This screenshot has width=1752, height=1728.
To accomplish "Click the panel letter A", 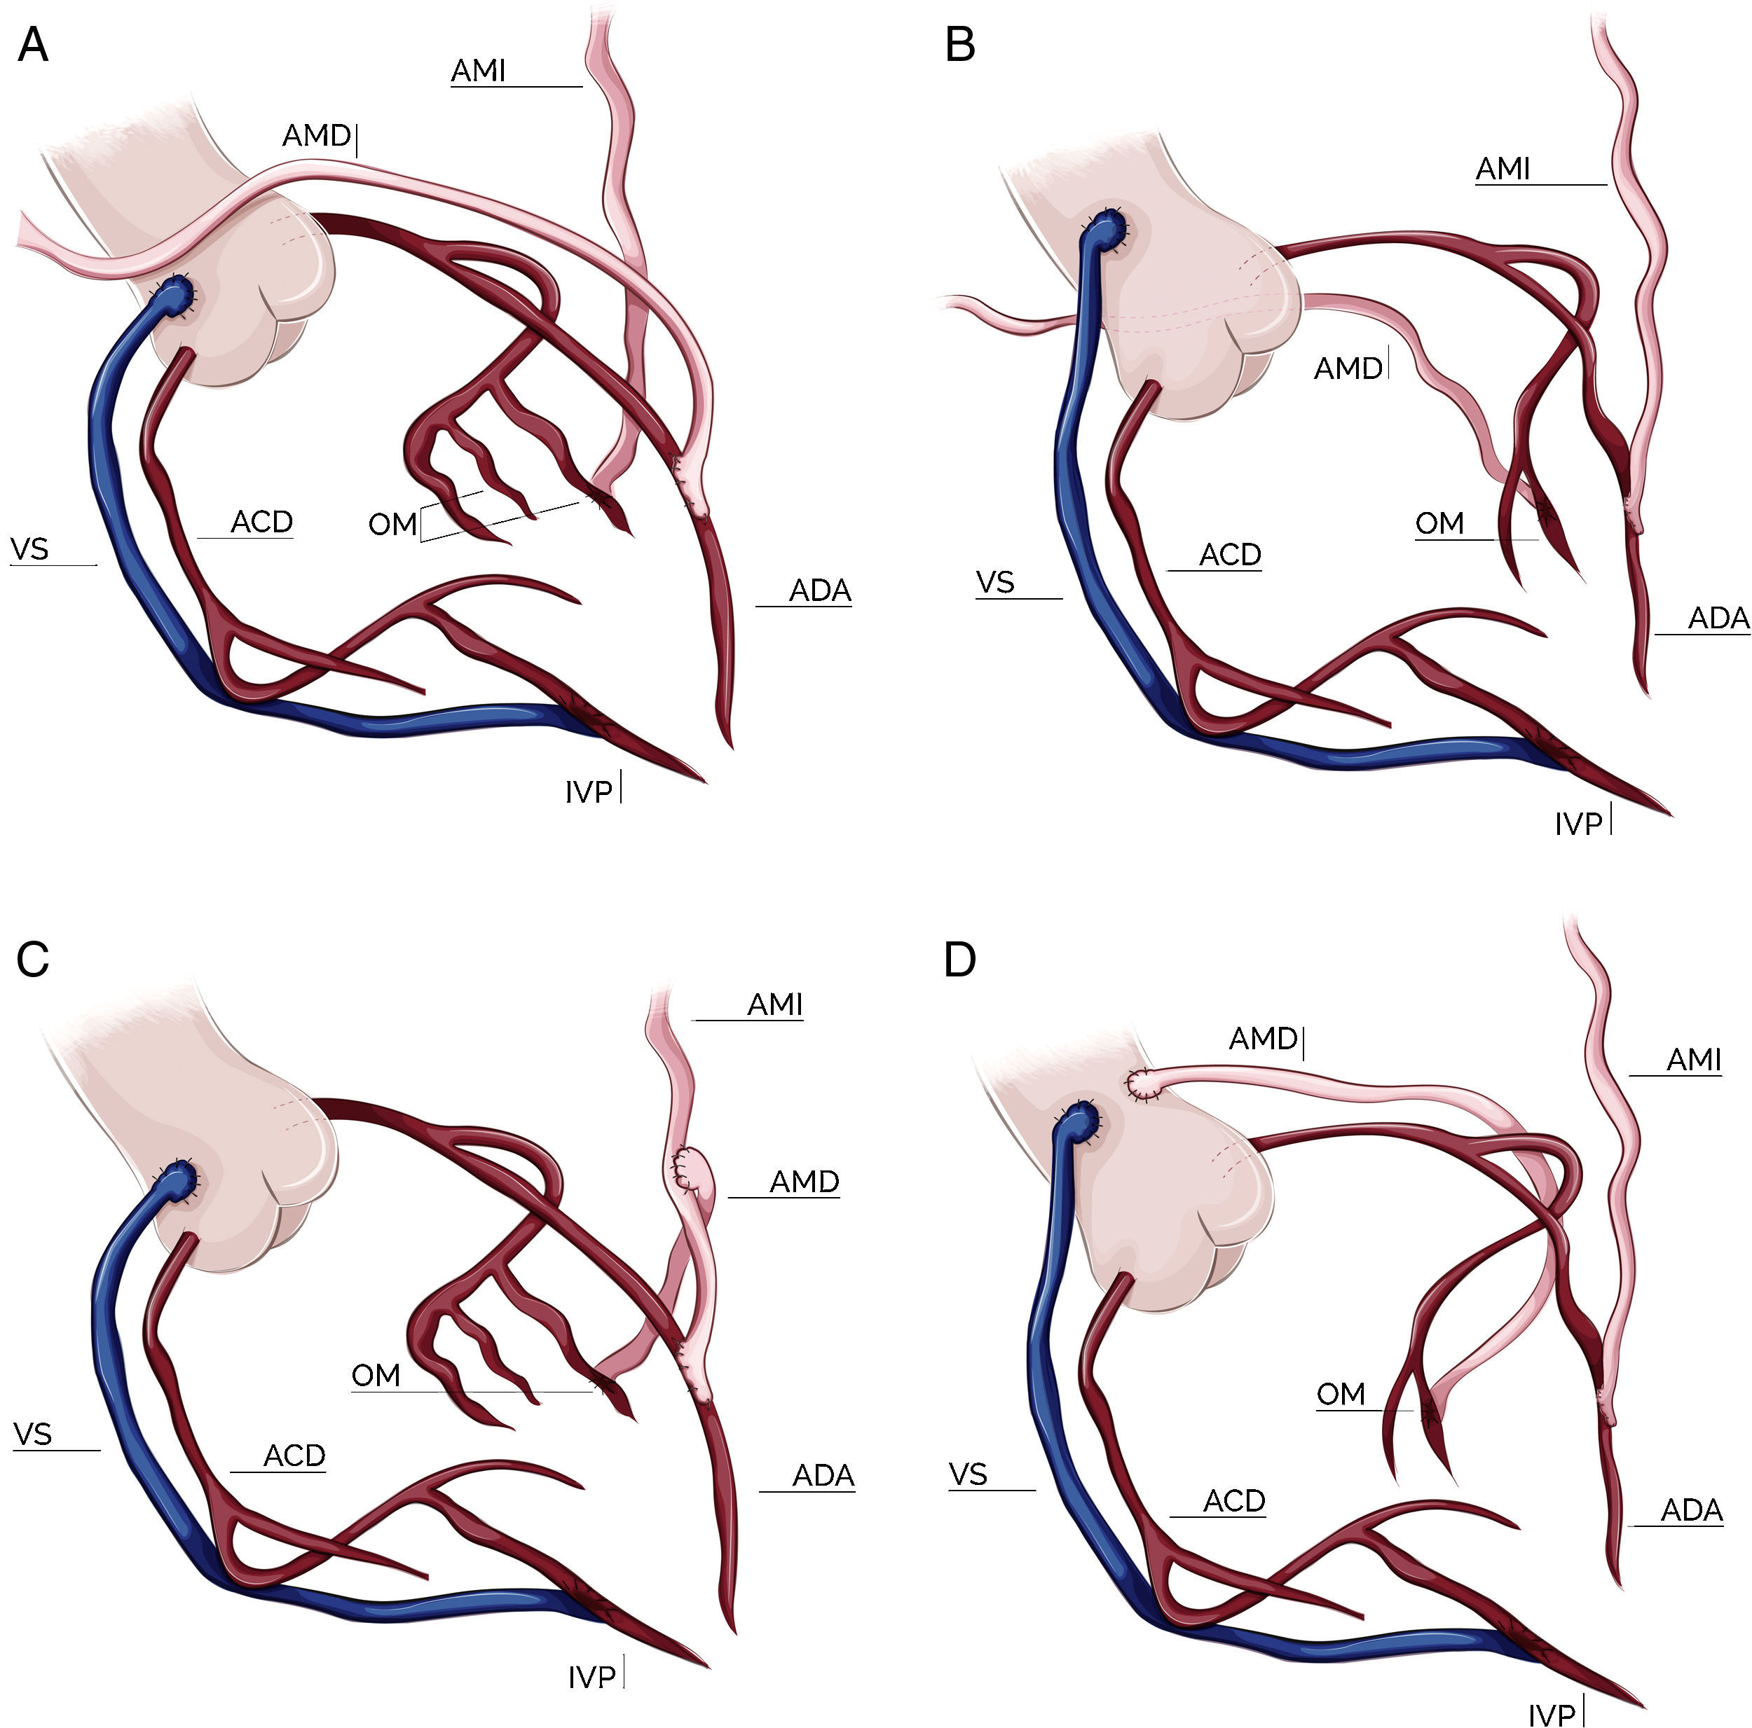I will (x=33, y=44).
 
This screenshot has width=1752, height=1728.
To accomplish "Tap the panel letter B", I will (x=960, y=44).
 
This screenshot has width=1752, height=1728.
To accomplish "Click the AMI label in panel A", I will (x=478, y=71).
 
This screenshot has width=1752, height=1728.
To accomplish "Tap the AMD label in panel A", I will (x=315, y=136).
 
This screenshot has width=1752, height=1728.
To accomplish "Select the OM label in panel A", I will (x=392, y=524).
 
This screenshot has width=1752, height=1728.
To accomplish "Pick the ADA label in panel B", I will (x=1718, y=618).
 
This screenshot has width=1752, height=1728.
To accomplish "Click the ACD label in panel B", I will (x=1230, y=555).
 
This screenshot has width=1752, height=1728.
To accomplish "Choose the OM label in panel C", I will (x=376, y=1376).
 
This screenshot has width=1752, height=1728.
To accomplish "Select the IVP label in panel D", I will (x=1552, y=1715).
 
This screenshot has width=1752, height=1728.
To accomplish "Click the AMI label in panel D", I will (x=1693, y=1059).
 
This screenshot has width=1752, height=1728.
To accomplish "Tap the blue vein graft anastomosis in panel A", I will (x=174, y=293).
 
